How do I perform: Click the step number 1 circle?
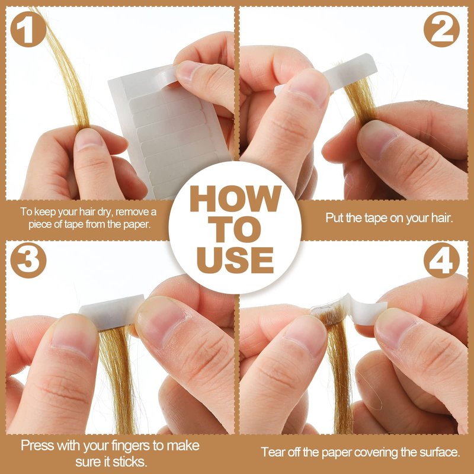click(x=28, y=29)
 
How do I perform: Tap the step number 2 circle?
click(x=441, y=29)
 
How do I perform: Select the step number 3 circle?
click(x=28, y=260)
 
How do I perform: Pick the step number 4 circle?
click(x=441, y=260)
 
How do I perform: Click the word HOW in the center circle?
click(x=235, y=198)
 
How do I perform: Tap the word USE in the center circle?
click(x=235, y=260)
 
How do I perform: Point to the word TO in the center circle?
click(x=235, y=229)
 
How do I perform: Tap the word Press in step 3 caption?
click(x=37, y=446)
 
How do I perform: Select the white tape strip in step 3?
click(x=112, y=312)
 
